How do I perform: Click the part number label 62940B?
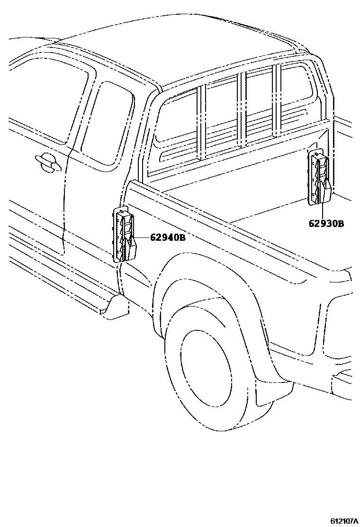coord(168,237)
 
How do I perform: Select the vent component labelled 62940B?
coord(125,236)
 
